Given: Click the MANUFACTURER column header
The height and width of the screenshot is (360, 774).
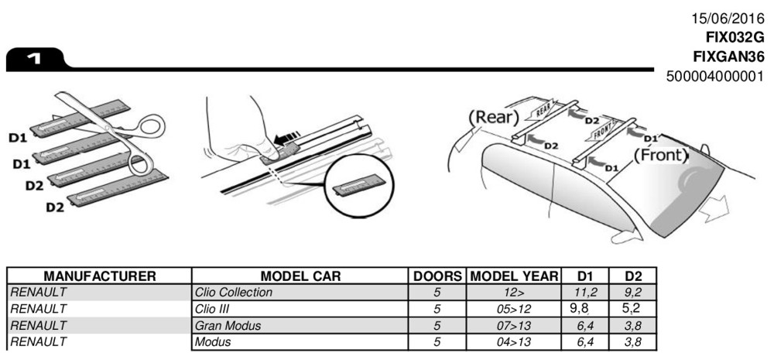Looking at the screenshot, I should (x=100, y=276).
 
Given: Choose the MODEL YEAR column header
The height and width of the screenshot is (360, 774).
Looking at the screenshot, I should (x=514, y=276).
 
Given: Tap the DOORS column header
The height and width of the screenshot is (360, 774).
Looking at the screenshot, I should (x=438, y=276).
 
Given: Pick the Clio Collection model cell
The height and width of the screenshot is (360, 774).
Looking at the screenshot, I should (x=234, y=293).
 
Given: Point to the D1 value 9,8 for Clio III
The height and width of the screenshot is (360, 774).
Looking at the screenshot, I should (x=584, y=308).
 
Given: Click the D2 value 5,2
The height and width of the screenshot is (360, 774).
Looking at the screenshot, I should (x=632, y=308).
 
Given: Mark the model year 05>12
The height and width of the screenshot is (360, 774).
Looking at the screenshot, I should (x=513, y=309).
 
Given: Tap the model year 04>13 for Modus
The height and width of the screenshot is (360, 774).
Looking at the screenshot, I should (x=513, y=341).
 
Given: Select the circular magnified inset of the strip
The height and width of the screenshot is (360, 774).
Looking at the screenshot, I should (x=359, y=187).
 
